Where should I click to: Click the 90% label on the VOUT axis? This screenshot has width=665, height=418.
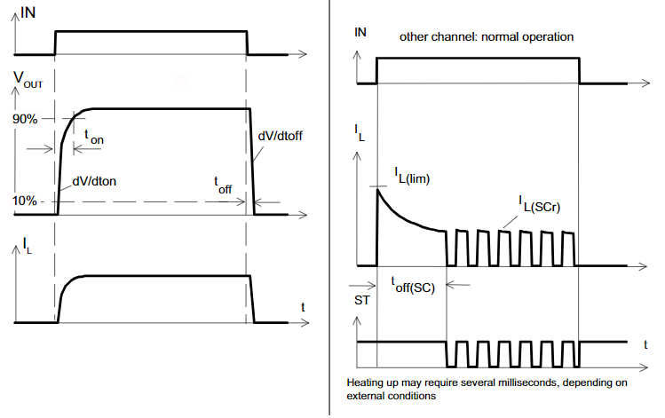[x=25, y=119]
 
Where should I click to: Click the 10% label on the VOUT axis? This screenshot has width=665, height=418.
[x=25, y=201]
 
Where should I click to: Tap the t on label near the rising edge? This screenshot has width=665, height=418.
[x=94, y=137]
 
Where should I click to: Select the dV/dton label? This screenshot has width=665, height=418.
[x=94, y=181]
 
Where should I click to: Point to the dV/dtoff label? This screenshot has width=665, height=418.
[x=281, y=136]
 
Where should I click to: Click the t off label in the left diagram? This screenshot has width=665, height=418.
[x=223, y=185]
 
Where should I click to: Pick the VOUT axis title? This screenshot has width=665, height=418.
[x=28, y=80]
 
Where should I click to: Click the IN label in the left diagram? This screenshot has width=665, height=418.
[x=28, y=12]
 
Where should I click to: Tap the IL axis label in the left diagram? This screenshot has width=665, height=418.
[x=28, y=246]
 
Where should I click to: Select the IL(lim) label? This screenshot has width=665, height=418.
[x=412, y=176]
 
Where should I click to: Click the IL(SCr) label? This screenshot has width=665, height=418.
[x=540, y=204]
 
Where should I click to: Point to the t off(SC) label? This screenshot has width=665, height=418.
[x=413, y=285]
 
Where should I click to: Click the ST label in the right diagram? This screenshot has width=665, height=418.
[x=361, y=300]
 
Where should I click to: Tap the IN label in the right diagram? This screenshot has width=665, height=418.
[x=360, y=32]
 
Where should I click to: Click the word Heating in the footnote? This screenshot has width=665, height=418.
[x=364, y=383]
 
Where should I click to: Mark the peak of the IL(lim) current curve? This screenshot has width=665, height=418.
[x=377, y=189]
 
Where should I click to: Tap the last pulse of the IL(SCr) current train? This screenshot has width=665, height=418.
[x=568, y=248]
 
